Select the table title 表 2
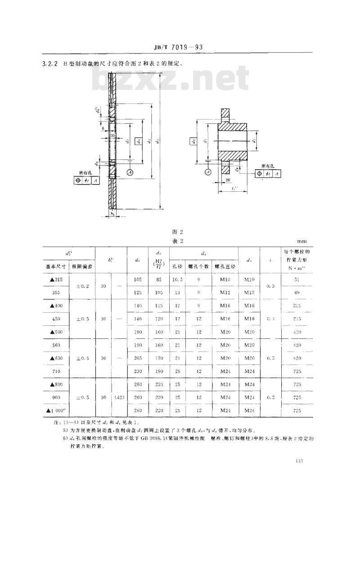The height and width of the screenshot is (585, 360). pos(178,241)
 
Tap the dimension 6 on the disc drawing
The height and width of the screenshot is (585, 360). pos(103,128)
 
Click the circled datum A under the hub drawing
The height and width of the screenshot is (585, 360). pos(208,172)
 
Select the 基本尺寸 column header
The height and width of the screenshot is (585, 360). pos(56,266)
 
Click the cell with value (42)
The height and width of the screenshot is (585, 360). pos(119,397)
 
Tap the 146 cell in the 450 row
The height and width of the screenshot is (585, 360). pos(138,319)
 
